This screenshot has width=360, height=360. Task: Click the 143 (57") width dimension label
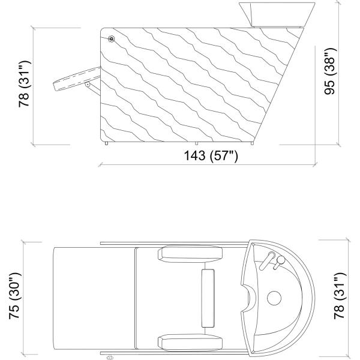211,155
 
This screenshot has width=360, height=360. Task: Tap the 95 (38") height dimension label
330,71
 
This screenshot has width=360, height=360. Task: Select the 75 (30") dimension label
15,296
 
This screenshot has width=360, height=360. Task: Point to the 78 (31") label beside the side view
25,84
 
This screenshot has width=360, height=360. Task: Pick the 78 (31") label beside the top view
340,296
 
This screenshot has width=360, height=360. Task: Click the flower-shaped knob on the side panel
111,39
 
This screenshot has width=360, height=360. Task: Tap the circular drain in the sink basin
274,298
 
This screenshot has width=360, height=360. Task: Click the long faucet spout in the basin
267,260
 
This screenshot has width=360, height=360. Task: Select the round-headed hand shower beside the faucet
279,262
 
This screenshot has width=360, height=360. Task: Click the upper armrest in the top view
190,254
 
